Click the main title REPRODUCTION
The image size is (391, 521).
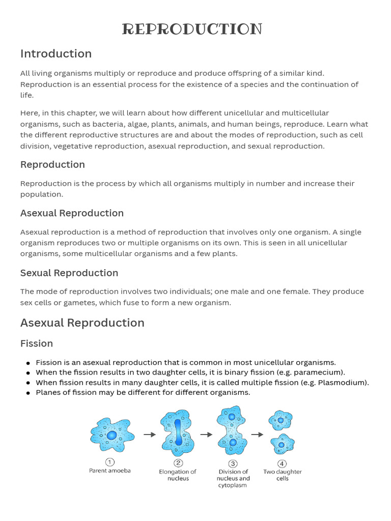(x=192, y=30)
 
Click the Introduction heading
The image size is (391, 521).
(x=56, y=54)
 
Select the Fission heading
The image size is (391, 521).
(x=37, y=343)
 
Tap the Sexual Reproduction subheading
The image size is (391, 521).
(x=69, y=273)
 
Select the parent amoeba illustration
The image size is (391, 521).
(x=112, y=435)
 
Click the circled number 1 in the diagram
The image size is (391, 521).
(x=109, y=462)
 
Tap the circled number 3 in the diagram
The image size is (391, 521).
(x=233, y=463)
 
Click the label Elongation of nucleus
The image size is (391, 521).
(x=178, y=475)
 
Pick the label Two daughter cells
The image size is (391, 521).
(x=283, y=475)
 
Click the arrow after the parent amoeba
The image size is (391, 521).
(x=149, y=435)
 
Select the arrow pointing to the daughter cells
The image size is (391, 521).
(x=258, y=435)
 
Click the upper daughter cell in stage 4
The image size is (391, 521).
(x=280, y=420)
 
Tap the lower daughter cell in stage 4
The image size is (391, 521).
(x=282, y=445)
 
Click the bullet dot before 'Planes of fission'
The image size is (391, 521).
(x=27, y=393)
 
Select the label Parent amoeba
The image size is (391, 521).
(x=110, y=471)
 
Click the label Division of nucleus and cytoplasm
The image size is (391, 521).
(x=233, y=478)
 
